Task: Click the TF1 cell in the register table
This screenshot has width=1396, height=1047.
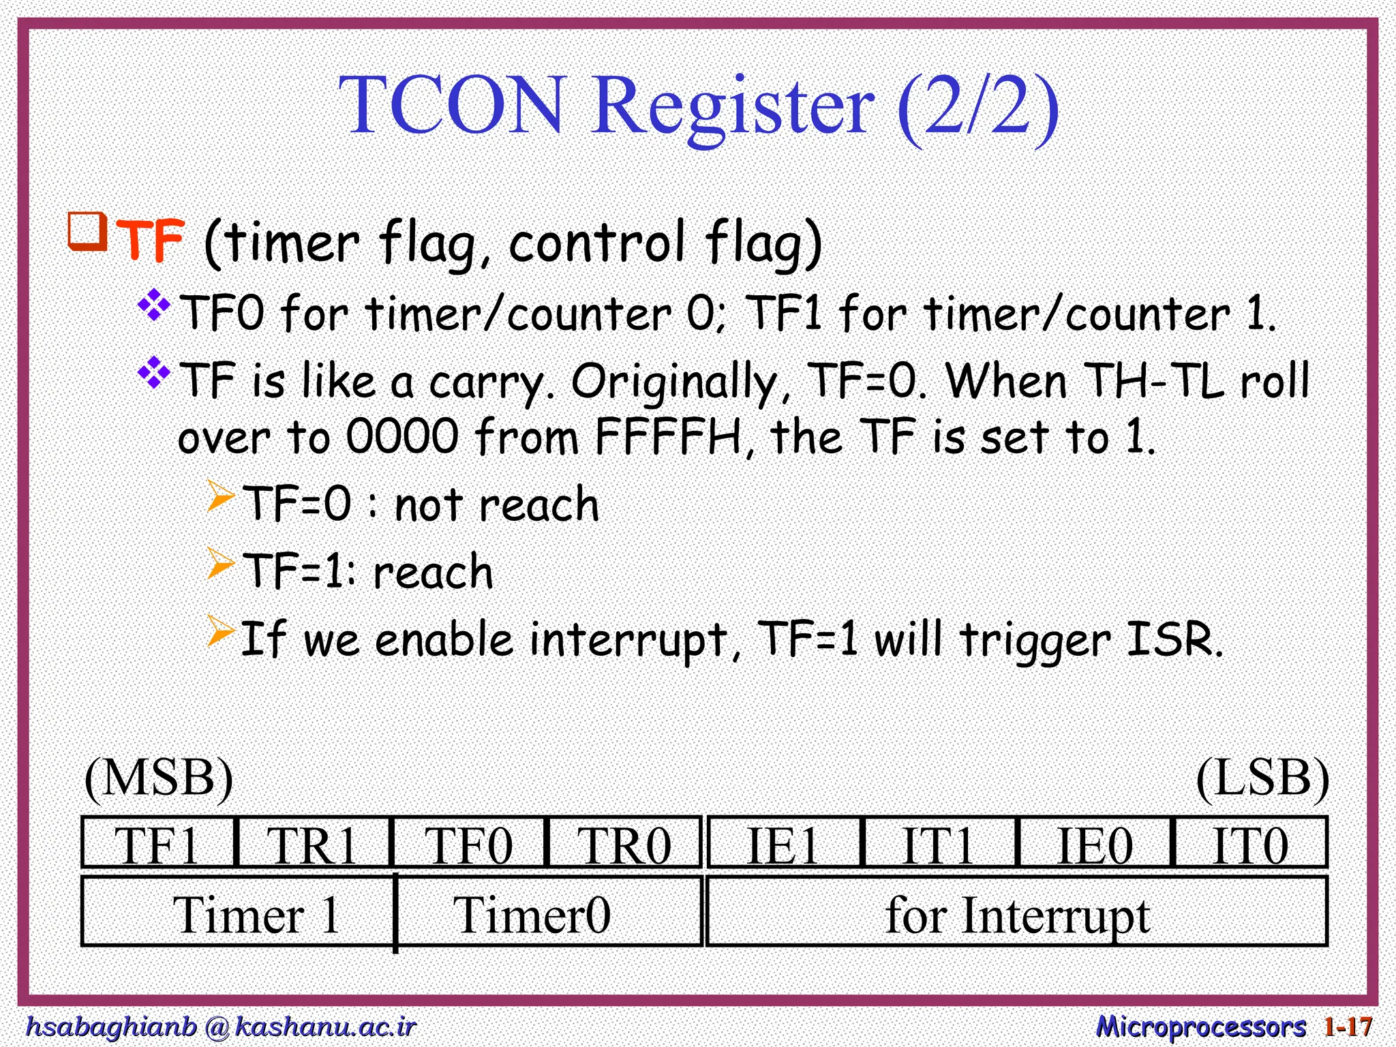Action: [158, 843]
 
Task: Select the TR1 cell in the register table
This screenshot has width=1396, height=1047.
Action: [313, 843]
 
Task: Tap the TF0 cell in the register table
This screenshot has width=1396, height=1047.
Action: [469, 843]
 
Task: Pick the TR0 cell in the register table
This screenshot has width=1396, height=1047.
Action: [624, 843]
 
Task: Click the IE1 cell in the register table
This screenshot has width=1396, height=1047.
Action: [784, 843]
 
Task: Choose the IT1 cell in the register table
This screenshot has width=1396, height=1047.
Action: [939, 843]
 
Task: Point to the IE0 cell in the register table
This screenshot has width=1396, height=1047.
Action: [1095, 843]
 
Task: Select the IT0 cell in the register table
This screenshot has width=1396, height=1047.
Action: [1250, 843]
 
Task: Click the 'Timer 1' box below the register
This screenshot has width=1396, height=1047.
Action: [239, 913]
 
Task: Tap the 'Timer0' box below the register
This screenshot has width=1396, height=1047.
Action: [549, 913]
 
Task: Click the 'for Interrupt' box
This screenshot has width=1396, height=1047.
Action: [1017, 913]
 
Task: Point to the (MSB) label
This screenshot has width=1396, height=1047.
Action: [158, 778]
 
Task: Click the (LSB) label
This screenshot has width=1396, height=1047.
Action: [1262, 778]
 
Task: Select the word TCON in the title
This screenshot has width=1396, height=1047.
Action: [453, 106]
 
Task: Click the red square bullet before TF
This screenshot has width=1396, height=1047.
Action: [87, 232]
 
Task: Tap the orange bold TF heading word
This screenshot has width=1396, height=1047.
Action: [151, 241]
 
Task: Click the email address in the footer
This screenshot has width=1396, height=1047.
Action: [220, 1025]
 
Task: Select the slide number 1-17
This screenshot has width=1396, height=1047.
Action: [1348, 1026]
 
